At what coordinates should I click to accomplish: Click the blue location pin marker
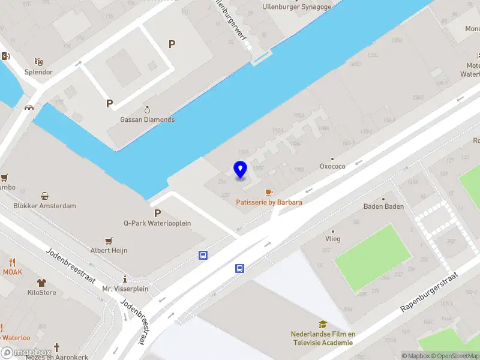(240, 170)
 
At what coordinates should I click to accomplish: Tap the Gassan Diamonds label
(148, 119)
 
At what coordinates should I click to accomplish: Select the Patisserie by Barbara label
(269, 202)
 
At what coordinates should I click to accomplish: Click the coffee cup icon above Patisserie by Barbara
(269, 192)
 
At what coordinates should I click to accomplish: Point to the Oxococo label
(332, 166)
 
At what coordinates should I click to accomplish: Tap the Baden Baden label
(383, 206)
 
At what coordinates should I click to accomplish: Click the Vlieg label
(332, 239)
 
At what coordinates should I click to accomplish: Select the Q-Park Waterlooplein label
(157, 223)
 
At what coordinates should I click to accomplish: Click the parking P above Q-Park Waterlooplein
(157, 213)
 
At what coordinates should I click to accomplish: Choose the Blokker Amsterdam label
(45, 206)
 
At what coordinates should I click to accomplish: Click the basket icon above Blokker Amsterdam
(45, 196)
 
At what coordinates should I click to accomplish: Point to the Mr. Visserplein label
(125, 289)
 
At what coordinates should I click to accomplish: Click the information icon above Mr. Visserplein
(125, 279)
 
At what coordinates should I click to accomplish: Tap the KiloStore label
(41, 293)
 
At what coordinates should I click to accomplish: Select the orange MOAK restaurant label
(12, 272)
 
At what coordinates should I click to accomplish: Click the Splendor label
(38, 72)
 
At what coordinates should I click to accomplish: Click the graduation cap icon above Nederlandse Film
(323, 325)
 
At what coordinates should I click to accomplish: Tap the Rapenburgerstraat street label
(428, 293)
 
